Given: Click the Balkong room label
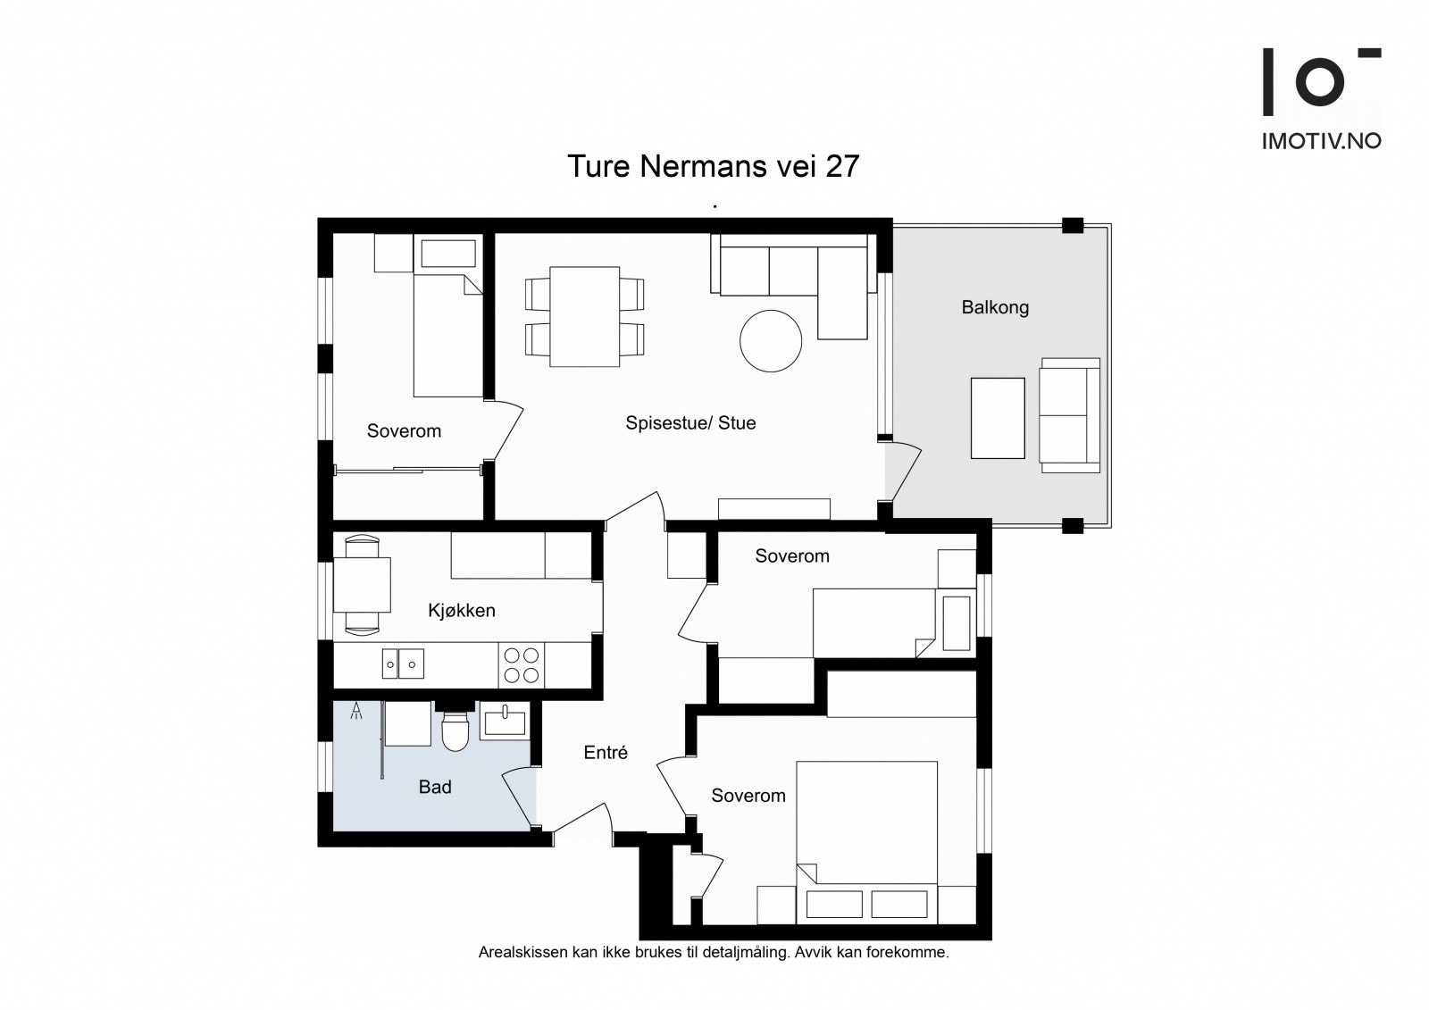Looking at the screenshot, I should [x=995, y=307].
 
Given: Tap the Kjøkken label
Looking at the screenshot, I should [x=461, y=611].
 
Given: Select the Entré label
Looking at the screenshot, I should [x=606, y=753].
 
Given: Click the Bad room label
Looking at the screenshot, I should [x=435, y=787].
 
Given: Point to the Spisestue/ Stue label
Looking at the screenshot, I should [x=690, y=423].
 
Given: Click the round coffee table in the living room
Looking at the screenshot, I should [x=771, y=340].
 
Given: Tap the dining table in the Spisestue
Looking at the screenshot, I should [x=585, y=317].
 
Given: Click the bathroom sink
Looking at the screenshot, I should [x=505, y=721].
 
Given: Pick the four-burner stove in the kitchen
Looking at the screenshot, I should [x=522, y=664].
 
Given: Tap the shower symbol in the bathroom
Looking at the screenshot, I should [x=357, y=712].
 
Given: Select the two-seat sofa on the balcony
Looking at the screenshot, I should [x=1069, y=415].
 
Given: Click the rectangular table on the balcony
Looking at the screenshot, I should [x=998, y=418].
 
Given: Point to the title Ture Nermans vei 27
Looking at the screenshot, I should [x=713, y=166].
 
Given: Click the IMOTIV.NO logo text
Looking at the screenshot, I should [x=1321, y=141].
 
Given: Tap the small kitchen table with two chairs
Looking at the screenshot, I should [x=362, y=584].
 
